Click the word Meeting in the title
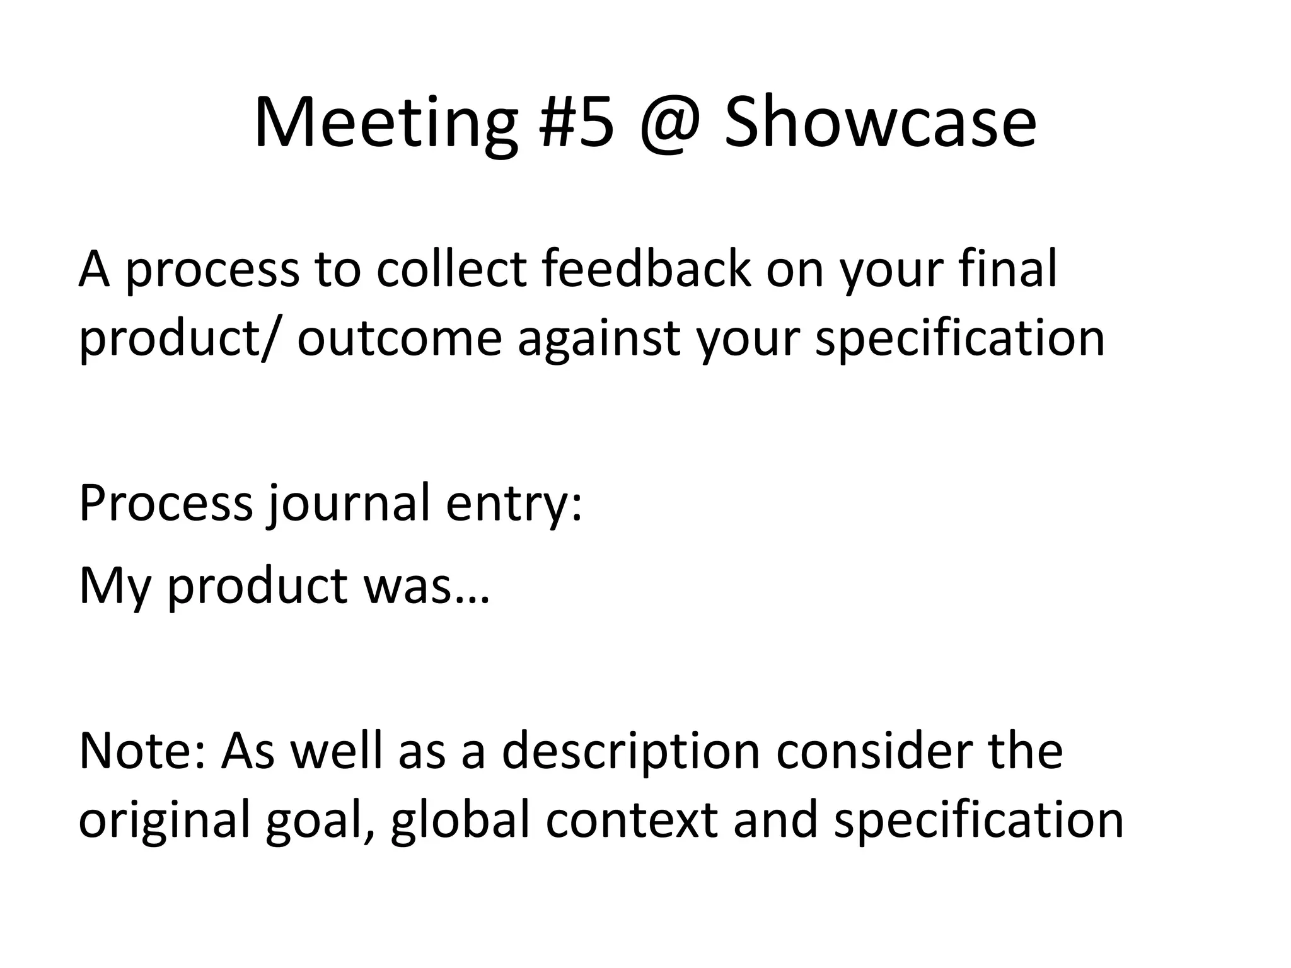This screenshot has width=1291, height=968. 385,123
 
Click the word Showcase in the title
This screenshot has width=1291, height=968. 879,123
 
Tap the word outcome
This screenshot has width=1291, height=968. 399,338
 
